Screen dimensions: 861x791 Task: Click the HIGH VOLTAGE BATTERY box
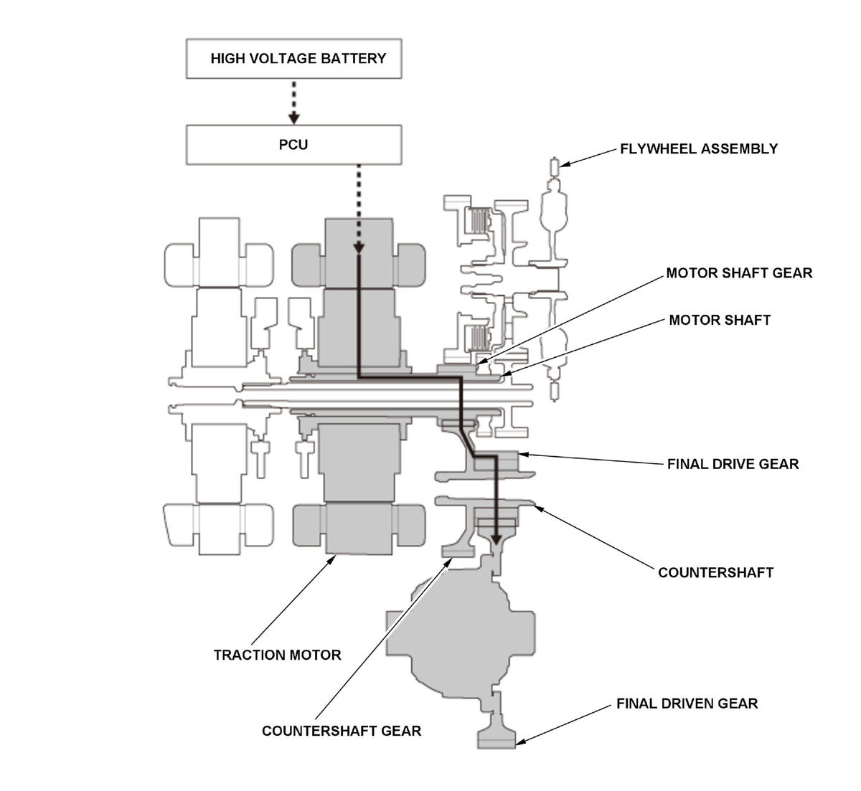[293, 58]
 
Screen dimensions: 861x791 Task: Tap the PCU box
[293, 145]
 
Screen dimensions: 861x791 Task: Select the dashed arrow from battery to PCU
[293, 102]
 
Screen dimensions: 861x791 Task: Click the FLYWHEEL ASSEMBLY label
[699, 148]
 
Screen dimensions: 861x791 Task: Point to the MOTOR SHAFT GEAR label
[739, 273]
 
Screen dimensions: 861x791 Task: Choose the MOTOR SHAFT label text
[720, 320]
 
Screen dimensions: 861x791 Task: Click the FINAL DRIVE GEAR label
[733, 464]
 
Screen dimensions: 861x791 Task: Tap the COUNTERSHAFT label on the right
[715, 572]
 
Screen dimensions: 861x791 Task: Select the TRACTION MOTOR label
[277, 655]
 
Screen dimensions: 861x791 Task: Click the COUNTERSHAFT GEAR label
[342, 731]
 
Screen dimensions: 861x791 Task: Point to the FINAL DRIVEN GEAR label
[687, 704]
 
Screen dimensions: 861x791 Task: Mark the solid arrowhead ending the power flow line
[497, 539]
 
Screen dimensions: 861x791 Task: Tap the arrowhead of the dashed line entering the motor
[359, 249]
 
